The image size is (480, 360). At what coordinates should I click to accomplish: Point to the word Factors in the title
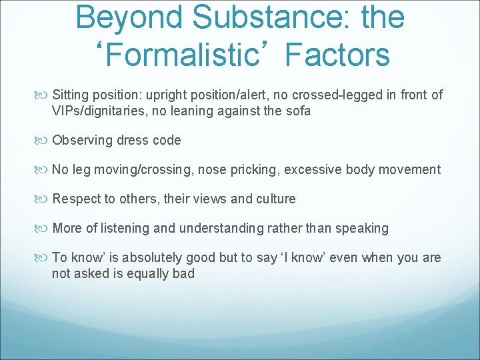337,55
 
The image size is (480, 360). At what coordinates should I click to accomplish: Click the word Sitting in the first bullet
71,95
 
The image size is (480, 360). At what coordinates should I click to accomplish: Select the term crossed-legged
321,95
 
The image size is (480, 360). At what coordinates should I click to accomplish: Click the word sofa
298,111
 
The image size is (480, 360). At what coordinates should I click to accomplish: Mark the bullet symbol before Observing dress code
44,141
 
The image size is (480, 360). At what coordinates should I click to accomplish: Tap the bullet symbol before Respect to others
44,199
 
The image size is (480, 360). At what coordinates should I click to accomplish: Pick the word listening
124,229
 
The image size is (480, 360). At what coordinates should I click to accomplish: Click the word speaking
363,229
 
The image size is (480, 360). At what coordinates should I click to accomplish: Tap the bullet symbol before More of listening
44,229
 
